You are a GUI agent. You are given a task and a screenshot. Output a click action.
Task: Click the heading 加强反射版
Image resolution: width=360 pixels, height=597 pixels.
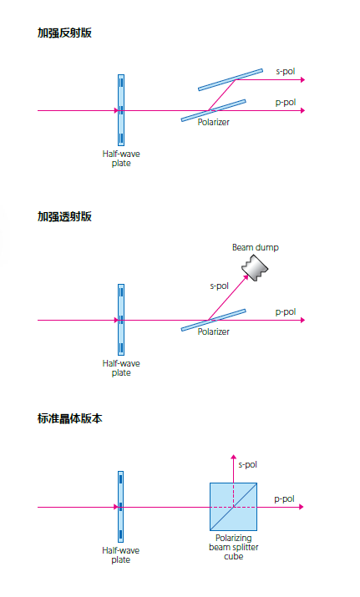(x=64, y=33)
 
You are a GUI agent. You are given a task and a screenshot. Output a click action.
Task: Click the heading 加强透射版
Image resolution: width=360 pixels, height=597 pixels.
(x=64, y=216)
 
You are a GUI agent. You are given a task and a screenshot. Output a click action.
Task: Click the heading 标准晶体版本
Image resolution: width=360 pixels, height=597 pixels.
(x=69, y=418)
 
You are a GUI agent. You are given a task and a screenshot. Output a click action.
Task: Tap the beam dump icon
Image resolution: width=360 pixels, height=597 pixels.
(x=255, y=268)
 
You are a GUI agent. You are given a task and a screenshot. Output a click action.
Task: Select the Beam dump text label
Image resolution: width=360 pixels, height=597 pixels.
(x=256, y=247)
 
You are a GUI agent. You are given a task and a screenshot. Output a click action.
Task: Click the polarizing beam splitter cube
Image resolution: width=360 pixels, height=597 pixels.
(x=234, y=507)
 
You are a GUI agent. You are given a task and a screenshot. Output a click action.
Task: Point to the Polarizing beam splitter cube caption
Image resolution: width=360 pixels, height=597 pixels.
(x=234, y=547)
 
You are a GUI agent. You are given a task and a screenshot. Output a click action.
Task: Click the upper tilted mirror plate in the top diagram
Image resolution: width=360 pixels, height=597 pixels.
(x=231, y=79)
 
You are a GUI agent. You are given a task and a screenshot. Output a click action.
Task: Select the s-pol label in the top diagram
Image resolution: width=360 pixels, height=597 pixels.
(x=286, y=71)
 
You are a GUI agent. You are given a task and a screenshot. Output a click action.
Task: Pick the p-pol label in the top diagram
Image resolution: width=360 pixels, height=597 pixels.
(x=286, y=103)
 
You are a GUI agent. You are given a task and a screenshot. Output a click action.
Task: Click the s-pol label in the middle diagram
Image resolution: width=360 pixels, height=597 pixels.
(x=220, y=286)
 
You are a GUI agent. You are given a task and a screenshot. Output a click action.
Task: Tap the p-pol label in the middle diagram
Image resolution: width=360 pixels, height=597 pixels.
(x=286, y=311)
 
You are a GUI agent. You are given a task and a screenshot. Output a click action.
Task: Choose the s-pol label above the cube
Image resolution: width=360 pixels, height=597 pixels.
(x=247, y=464)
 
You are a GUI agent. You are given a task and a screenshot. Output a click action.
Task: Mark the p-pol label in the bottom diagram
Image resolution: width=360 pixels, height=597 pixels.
(x=284, y=498)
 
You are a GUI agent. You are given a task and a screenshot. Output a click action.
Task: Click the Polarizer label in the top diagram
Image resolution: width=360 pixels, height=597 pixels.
(x=213, y=122)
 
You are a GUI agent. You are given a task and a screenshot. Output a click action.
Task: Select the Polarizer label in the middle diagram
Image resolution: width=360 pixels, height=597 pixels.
(x=213, y=331)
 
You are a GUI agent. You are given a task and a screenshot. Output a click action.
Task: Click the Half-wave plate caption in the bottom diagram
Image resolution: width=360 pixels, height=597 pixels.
(x=121, y=555)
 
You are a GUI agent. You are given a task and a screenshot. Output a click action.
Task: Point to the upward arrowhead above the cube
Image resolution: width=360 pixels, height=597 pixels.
(x=234, y=457)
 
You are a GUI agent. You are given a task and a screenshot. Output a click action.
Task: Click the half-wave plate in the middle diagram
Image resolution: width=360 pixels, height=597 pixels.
(x=121, y=320)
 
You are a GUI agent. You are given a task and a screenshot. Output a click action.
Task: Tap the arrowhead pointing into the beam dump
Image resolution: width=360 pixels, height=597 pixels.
(x=246, y=277)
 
